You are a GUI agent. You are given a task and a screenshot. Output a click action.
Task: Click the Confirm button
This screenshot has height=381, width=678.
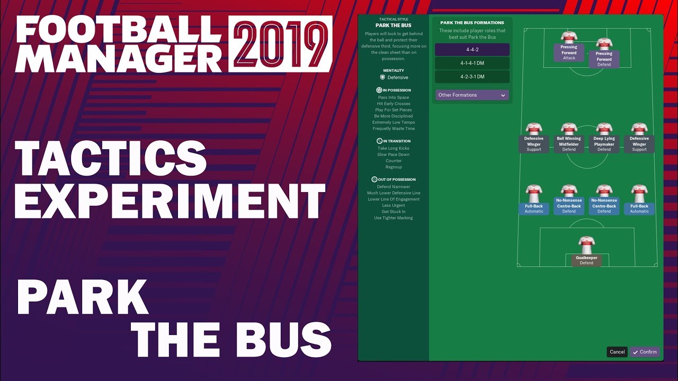pos(645,352)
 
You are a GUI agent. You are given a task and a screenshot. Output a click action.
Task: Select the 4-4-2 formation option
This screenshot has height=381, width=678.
pos(472,50)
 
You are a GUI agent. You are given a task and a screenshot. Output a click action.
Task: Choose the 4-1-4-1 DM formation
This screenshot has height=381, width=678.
pos(472,63)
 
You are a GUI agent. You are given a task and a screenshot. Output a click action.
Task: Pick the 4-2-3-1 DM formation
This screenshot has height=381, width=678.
pos(472,77)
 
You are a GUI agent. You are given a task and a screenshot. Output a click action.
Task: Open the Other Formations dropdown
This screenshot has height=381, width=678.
pos(472,95)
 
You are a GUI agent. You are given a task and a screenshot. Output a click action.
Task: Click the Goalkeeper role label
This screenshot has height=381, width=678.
pos(586,260)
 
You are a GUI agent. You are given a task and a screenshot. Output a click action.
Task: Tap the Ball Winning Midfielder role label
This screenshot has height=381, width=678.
pos(569,144)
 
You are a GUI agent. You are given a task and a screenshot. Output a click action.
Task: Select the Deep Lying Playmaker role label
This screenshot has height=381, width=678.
pos(604,144)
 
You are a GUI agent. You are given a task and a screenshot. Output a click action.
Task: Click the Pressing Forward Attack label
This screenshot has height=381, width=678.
pos(569,52)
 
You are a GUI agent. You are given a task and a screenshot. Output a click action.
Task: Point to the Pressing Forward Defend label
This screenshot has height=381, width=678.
pos(604,59)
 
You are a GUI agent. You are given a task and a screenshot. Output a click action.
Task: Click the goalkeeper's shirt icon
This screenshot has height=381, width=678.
pos(586,245)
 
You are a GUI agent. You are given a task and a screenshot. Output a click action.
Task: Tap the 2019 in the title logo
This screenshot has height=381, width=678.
pos(280,44)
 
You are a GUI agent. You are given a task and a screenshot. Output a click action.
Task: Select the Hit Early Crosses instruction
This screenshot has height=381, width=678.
pos(394,104)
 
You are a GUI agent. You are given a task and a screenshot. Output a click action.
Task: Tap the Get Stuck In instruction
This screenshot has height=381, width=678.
pos(394,212)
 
